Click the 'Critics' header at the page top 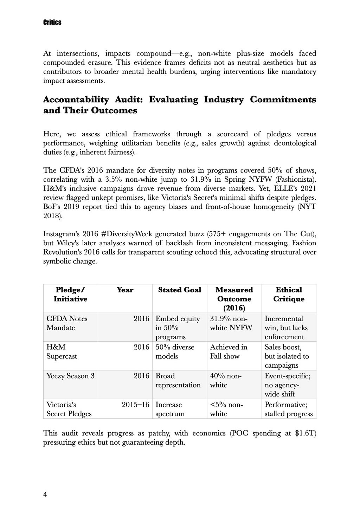coord(52,22)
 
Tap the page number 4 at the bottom coord(45,495)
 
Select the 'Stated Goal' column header coord(179,290)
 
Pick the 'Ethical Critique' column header coord(289,295)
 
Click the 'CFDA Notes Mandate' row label coord(67,323)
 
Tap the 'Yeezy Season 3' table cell coord(70,376)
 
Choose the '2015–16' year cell coord(135,405)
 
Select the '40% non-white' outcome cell coord(225,381)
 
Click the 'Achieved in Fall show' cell coord(229,352)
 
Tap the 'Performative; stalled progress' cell coord(288,409)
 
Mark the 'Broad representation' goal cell coord(178,381)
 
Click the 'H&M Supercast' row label coord(62,352)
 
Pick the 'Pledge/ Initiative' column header coord(70,295)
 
